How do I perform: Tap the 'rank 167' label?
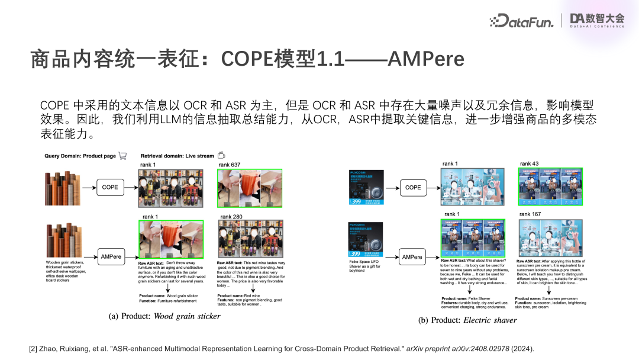click(530, 214)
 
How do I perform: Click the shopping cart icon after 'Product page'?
click(122, 156)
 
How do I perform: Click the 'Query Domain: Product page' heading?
click(80, 156)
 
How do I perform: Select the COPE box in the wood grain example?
click(110, 187)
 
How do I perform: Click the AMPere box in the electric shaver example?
click(412, 257)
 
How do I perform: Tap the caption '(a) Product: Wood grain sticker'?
click(164, 316)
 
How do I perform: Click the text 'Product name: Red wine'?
click(238, 295)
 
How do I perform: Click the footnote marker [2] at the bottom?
click(33, 349)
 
